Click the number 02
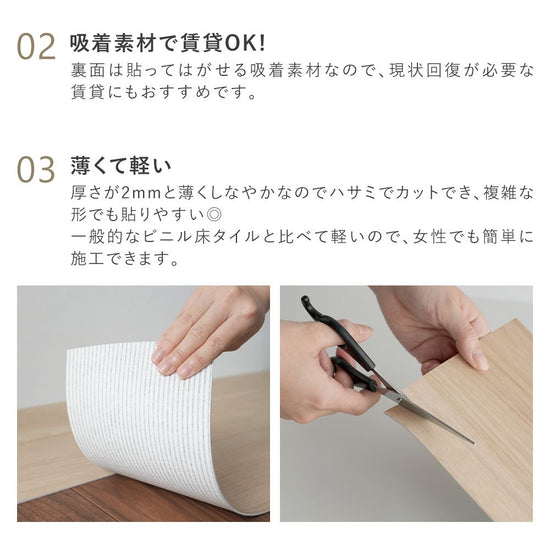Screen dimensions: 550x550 [36, 47]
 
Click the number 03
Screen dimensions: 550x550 [36, 169]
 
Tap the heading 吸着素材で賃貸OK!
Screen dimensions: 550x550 [168, 44]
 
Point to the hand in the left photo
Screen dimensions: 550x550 [205, 330]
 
